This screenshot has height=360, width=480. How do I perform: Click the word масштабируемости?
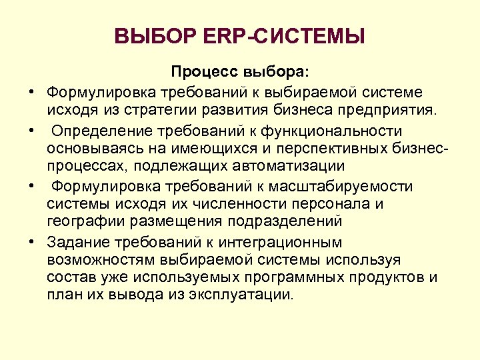point(349,185)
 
